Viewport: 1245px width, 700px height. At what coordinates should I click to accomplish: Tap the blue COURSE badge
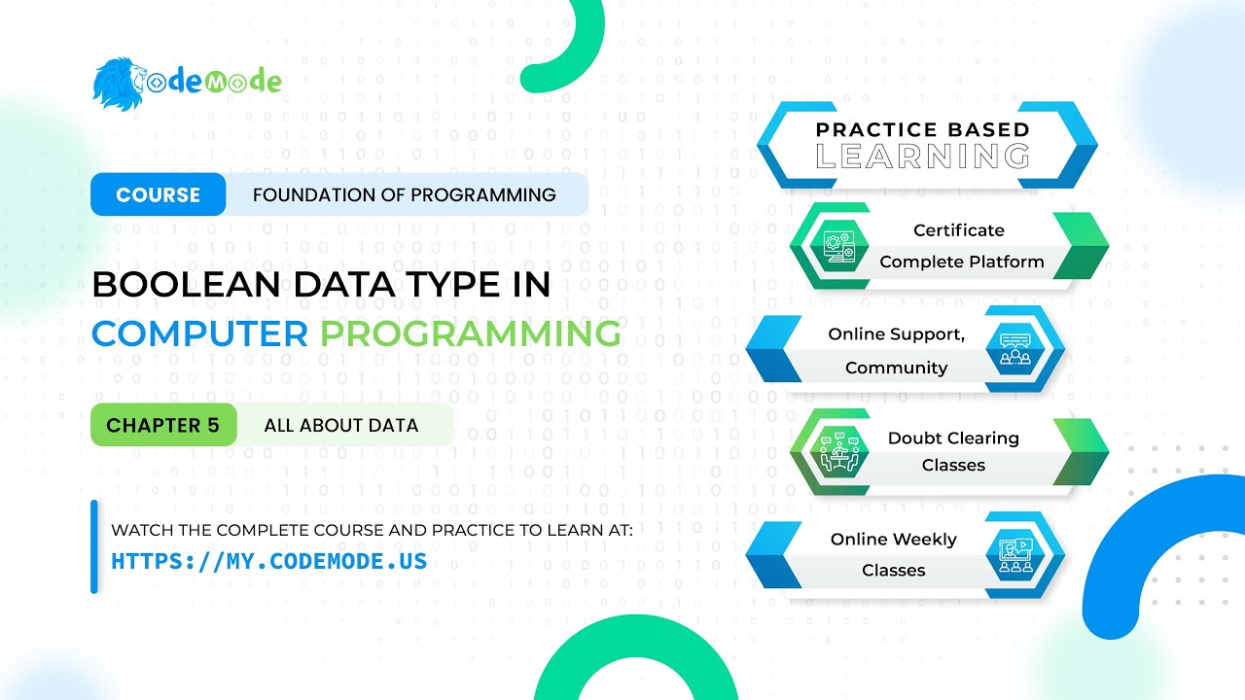coord(158,194)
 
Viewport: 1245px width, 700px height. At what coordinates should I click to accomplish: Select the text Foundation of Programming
coord(404,194)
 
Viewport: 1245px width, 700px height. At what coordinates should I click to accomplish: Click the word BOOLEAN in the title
coord(185,285)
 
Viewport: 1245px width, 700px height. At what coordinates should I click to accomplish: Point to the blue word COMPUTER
coord(199,333)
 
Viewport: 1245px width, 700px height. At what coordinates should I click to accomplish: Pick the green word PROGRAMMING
coord(471,333)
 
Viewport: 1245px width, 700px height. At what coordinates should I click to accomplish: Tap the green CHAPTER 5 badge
coord(162,425)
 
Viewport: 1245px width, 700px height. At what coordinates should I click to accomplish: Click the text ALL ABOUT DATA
coord(340,425)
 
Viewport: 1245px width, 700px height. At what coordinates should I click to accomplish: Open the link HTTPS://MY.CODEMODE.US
coord(268,562)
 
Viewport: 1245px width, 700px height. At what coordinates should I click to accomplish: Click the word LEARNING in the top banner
coord(922,157)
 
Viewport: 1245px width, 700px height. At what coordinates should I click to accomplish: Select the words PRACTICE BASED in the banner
coord(922,129)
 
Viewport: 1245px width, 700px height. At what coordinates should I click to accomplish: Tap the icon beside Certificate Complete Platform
coord(838,245)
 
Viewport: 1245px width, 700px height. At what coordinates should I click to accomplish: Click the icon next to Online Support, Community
coord(1014,351)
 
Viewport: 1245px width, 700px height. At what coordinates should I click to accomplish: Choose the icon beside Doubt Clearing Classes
coord(837,452)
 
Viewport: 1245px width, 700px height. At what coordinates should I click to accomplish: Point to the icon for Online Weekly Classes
coord(1014,554)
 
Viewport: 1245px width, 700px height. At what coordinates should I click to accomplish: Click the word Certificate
coord(958,230)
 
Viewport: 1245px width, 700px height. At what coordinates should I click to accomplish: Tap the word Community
coord(895,367)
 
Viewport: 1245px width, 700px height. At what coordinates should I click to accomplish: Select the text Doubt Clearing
coord(953,438)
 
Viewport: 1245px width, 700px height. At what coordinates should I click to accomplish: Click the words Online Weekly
coord(893,540)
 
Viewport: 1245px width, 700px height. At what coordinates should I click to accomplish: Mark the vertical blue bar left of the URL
coord(94,546)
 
